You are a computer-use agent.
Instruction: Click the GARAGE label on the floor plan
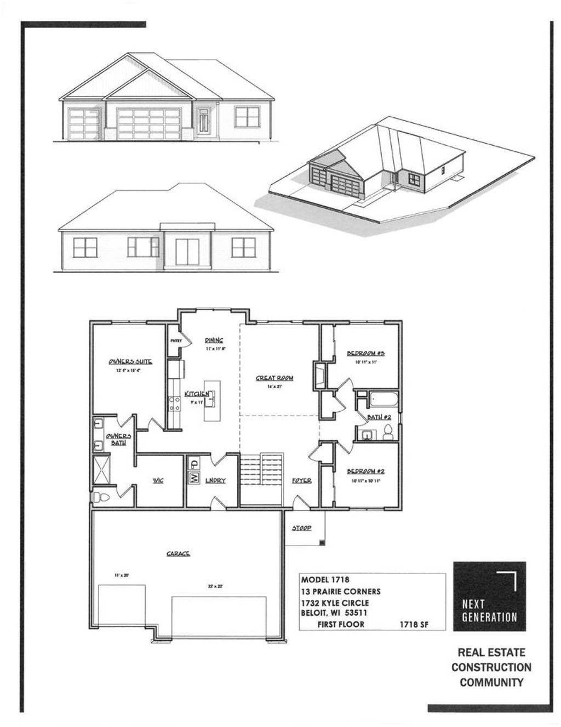pyautogui.click(x=178, y=554)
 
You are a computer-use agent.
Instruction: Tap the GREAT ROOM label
pyautogui.click(x=274, y=378)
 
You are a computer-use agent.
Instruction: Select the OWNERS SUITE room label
pyautogui.click(x=130, y=362)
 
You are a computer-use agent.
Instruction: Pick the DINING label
pyautogui.click(x=214, y=340)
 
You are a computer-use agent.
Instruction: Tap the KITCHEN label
pyautogui.click(x=196, y=394)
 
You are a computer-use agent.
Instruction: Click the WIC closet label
pyautogui.click(x=158, y=481)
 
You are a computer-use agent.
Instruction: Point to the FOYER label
pyautogui.click(x=301, y=481)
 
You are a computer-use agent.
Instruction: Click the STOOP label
pyautogui.click(x=301, y=528)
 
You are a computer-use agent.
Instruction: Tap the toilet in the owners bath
pyautogui.click(x=101, y=497)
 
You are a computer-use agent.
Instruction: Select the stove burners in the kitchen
pyautogui.click(x=175, y=404)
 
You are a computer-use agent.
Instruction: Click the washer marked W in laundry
pyautogui.click(x=194, y=477)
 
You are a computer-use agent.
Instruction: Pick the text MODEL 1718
pyautogui.click(x=325, y=580)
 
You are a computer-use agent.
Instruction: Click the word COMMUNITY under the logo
pyautogui.click(x=491, y=683)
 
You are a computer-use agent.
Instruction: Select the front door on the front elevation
pyautogui.click(x=204, y=121)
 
